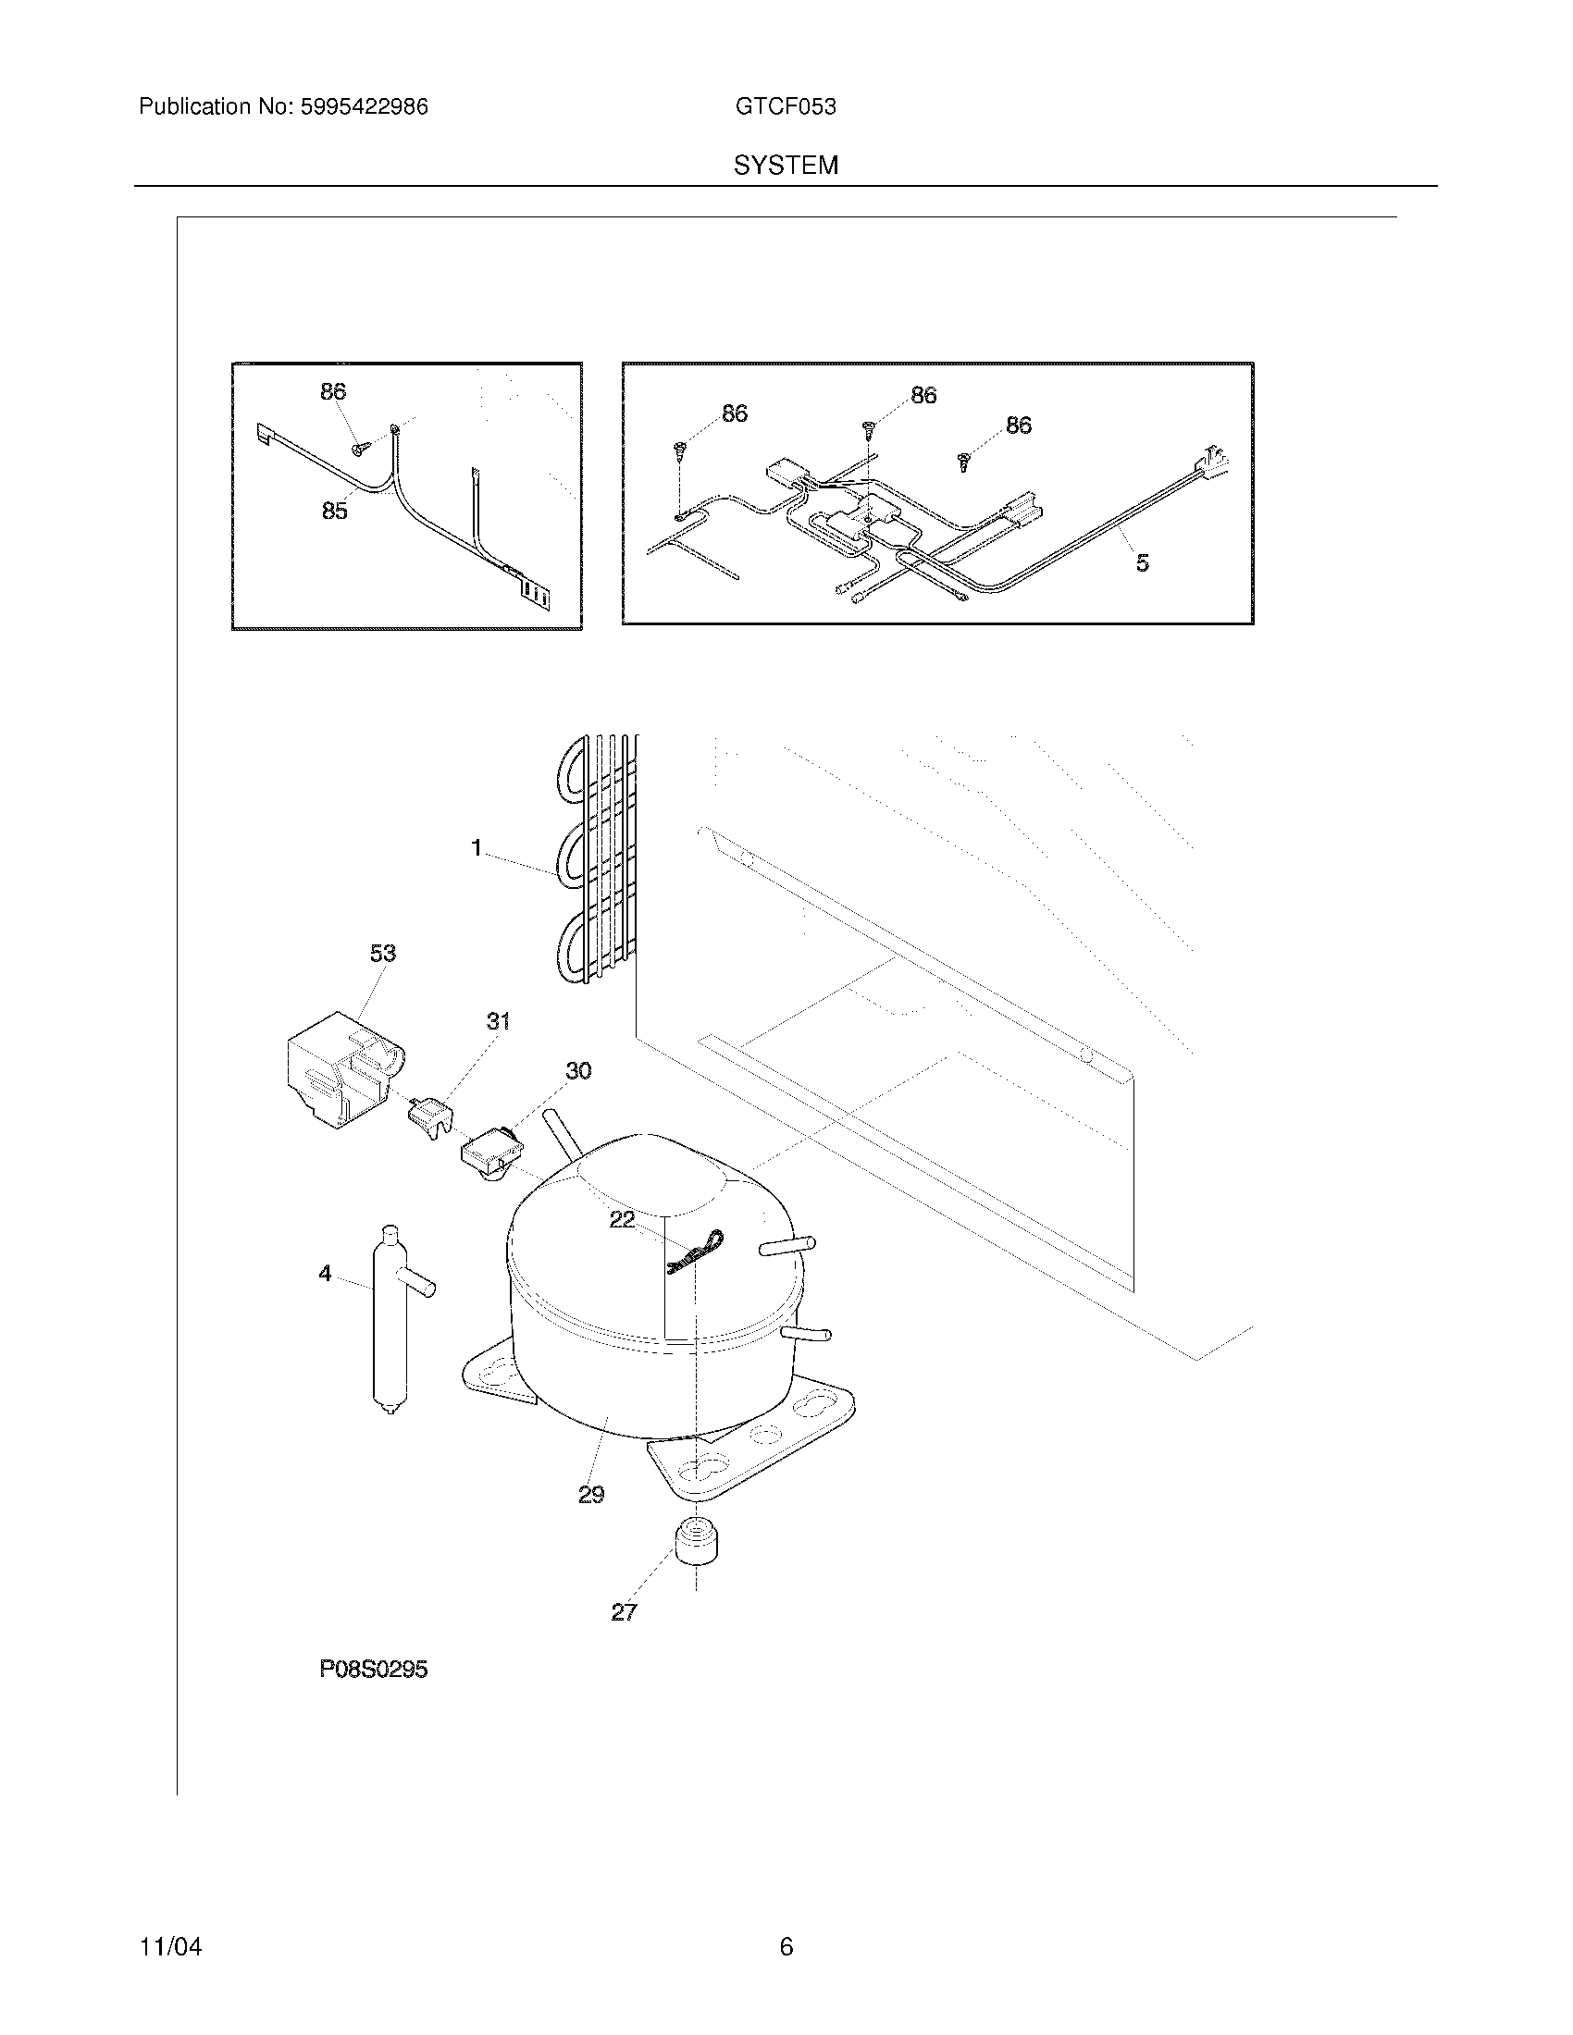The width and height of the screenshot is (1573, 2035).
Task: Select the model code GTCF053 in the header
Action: [785, 107]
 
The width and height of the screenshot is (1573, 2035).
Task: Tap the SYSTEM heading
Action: [786, 166]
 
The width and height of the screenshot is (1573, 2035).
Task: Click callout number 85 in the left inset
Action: [335, 511]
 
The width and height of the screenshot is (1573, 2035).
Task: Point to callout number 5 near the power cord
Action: [1143, 562]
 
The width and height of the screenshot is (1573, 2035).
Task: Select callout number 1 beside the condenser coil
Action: [477, 848]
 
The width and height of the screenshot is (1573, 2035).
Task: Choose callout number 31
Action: [499, 1021]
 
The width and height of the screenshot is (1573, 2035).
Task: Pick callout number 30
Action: [578, 1070]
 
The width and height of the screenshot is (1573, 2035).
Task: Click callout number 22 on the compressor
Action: [623, 1219]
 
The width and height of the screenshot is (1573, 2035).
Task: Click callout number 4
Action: [325, 1273]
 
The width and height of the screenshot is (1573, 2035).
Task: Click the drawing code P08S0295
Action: [374, 1696]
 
